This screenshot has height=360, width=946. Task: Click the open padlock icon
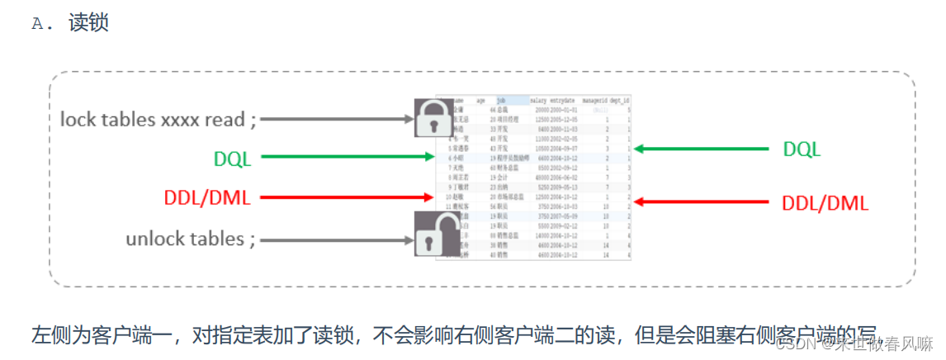(x=436, y=235)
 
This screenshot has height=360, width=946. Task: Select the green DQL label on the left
(x=232, y=158)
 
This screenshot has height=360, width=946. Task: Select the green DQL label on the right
(x=802, y=149)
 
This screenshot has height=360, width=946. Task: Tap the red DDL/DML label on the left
(x=207, y=197)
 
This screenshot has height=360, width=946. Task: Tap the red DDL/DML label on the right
(x=824, y=203)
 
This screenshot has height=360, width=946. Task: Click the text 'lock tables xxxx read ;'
(x=158, y=119)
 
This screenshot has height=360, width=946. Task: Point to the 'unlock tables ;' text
(x=191, y=239)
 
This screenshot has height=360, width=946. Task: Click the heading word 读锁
(x=89, y=22)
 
